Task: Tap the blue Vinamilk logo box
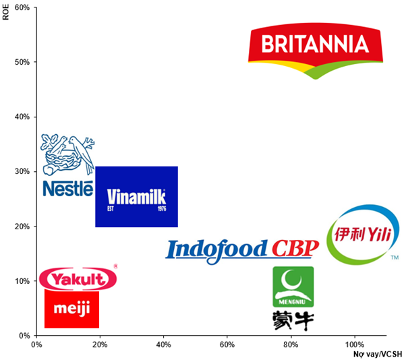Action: point(136,196)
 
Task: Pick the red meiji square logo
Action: point(71,309)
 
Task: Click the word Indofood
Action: point(217,249)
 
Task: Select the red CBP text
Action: point(294,249)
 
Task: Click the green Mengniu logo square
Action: point(293,287)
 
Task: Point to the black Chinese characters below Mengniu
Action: point(293,320)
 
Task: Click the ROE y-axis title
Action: point(6,13)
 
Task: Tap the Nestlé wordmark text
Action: point(67,188)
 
